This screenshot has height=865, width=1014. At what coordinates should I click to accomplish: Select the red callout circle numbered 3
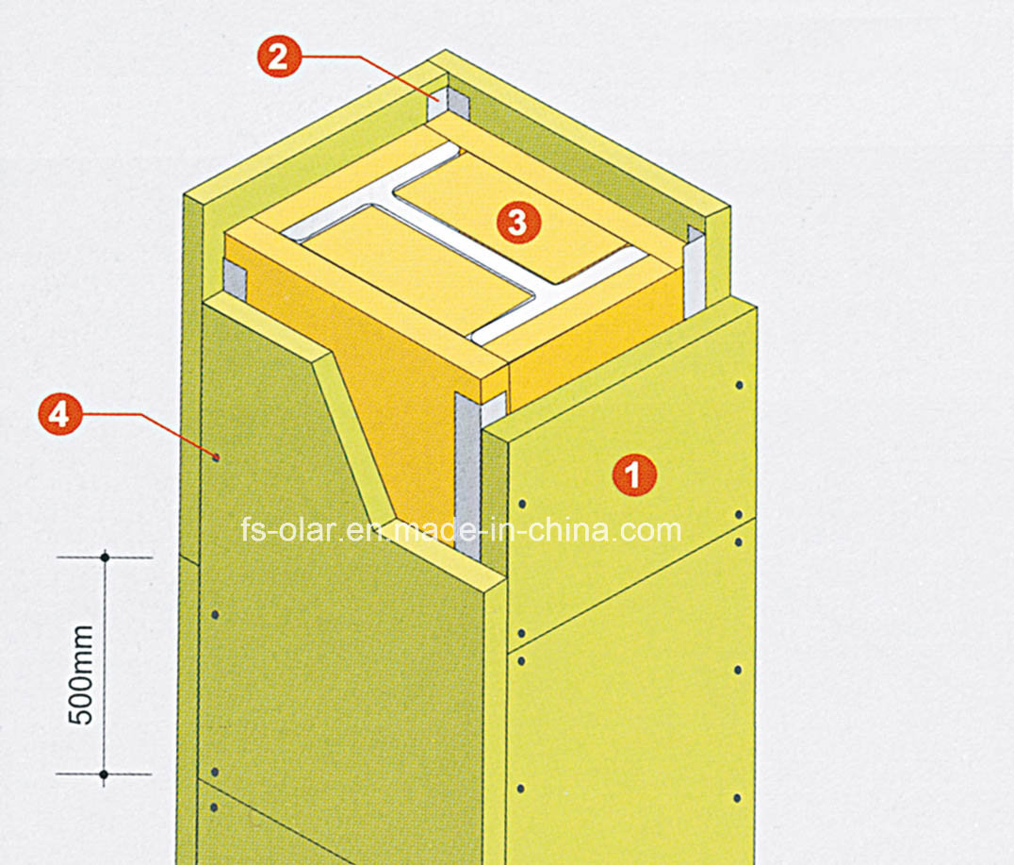[x=517, y=223]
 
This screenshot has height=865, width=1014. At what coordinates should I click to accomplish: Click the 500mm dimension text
[x=83, y=674]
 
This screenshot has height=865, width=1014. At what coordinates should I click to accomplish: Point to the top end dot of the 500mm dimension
[x=105, y=557]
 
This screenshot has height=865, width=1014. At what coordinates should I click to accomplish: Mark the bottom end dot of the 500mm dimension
[x=105, y=774]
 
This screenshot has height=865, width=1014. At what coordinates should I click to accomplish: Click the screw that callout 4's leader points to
[x=217, y=457]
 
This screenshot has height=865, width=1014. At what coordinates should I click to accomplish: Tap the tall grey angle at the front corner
[x=467, y=472]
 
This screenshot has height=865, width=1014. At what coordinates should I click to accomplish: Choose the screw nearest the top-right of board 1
[x=740, y=386]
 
